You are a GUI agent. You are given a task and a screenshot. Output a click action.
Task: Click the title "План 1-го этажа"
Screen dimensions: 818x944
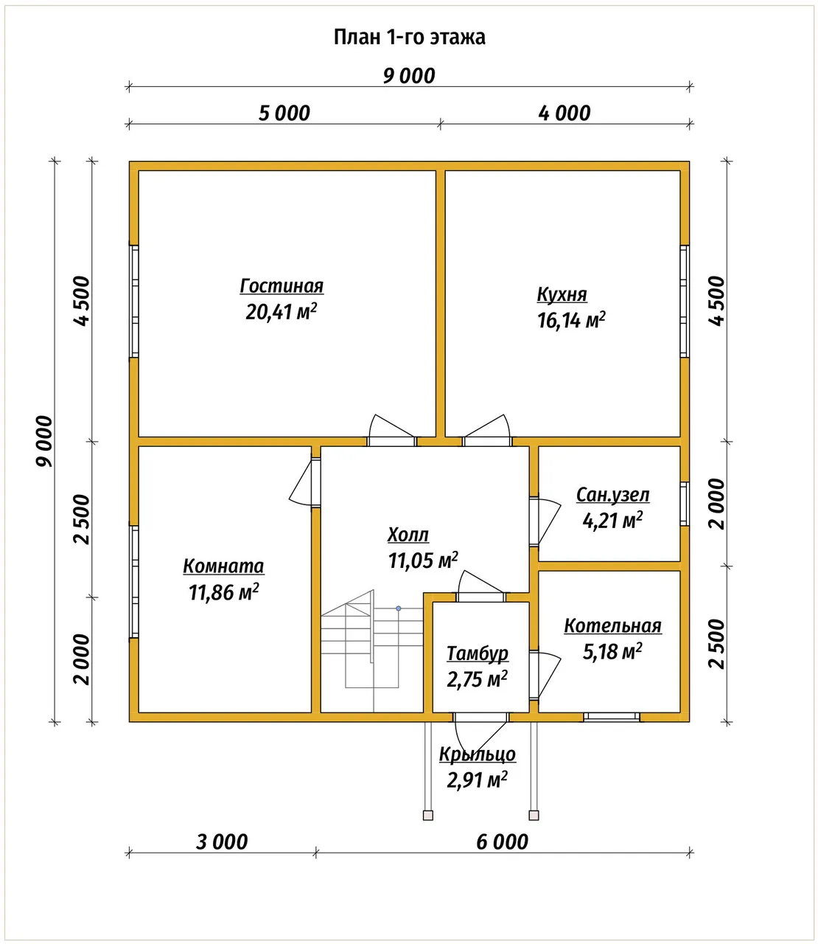tap(410, 38)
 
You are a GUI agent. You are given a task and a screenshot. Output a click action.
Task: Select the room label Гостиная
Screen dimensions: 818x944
tap(282, 286)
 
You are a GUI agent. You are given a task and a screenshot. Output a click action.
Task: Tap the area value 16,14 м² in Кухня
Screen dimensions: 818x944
tap(571, 320)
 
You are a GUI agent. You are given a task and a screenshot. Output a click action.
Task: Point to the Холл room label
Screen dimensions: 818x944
tap(408, 535)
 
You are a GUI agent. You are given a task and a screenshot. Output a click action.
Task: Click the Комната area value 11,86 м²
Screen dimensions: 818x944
tap(224, 592)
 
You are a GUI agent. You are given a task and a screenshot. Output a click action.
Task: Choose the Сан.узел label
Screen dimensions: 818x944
tap(612, 495)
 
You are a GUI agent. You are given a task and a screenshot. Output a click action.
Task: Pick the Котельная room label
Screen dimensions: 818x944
tap(612, 625)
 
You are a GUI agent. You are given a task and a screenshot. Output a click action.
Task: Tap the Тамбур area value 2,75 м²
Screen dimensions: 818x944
tap(477, 679)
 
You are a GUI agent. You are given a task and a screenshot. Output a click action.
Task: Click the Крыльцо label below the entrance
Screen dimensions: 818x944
tap(478, 754)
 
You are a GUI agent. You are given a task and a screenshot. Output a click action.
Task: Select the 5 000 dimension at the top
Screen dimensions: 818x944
tap(284, 114)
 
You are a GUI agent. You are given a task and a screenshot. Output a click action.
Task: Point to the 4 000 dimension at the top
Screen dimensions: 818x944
tap(564, 114)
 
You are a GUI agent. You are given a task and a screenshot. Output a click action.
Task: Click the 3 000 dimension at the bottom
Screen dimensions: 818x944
tap(222, 841)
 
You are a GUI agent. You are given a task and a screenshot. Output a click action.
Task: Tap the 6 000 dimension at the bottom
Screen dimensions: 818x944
tap(502, 841)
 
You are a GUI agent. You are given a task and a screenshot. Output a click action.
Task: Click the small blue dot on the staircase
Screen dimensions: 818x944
tap(399, 608)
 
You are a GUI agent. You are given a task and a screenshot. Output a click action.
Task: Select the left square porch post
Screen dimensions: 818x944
tap(427, 815)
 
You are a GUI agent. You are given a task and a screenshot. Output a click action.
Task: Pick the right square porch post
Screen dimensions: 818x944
tap(534, 815)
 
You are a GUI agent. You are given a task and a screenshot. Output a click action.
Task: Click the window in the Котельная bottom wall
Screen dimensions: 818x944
tap(612, 717)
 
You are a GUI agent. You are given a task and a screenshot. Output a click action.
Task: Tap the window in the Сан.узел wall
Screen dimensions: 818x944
tap(685, 504)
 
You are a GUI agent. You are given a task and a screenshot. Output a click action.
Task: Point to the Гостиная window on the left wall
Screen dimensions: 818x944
tap(133, 302)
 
